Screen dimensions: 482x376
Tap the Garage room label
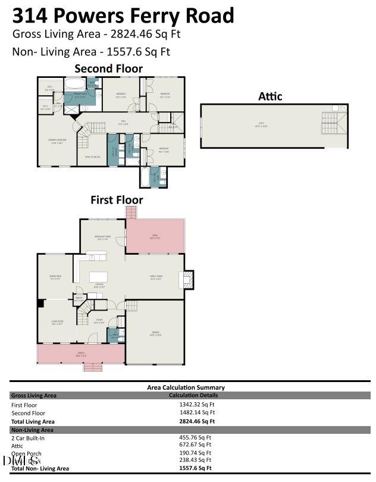tap(155, 334)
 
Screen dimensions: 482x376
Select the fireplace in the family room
tap(187, 280)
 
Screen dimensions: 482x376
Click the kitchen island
tap(99, 277)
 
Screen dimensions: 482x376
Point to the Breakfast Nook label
tap(103, 237)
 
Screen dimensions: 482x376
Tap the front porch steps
tap(93, 367)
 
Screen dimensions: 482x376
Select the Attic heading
tap(270, 96)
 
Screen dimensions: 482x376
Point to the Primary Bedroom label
tap(57, 141)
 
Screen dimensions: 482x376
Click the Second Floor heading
tap(108, 68)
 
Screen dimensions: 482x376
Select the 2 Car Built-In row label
tap(28, 437)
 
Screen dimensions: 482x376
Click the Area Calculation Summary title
tap(186, 387)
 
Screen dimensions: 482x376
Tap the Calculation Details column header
tap(193, 395)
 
